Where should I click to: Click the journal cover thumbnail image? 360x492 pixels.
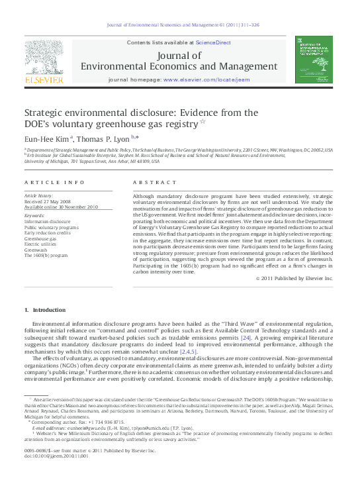[x=314, y=60]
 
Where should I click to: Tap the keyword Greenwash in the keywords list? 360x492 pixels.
[x=36, y=250]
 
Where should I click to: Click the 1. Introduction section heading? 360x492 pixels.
[x=45, y=310]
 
